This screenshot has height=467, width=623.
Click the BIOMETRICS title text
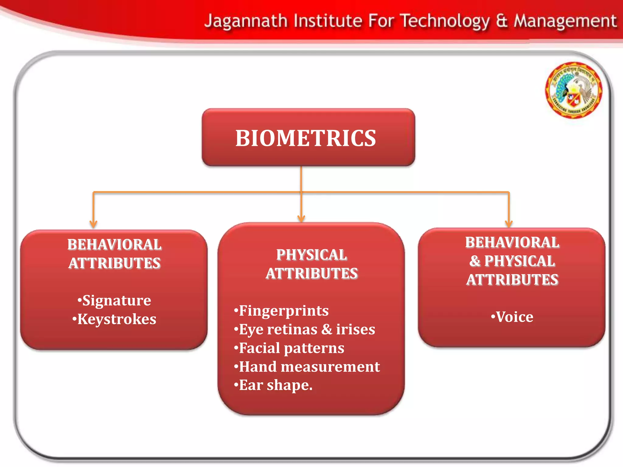[x=306, y=138]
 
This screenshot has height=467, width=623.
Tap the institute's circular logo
[x=573, y=90]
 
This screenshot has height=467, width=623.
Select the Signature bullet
[x=114, y=300]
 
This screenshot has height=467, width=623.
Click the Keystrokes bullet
[x=114, y=319]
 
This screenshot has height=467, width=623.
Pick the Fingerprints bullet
[x=281, y=311]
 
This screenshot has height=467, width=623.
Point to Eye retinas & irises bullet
[x=305, y=329]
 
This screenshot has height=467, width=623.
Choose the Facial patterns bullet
[x=289, y=348]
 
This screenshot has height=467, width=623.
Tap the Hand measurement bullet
[x=307, y=367]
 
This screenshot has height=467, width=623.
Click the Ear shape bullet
[x=273, y=385]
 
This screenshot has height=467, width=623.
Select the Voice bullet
[x=512, y=317]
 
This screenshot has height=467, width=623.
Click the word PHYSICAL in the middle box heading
[x=311, y=255]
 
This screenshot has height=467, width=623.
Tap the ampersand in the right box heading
[x=475, y=261]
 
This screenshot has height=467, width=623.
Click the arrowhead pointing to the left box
[x=93, y=224]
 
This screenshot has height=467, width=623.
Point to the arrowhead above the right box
[x=509, y=223]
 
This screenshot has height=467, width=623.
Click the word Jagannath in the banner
[x=246, y=21]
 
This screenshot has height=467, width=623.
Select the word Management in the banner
[x=565, y=21]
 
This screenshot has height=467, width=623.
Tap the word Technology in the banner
[x=445, y=21]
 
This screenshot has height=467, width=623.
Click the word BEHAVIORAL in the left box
[x=114, y=244]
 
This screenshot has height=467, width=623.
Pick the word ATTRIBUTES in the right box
[x=512, y=280]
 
